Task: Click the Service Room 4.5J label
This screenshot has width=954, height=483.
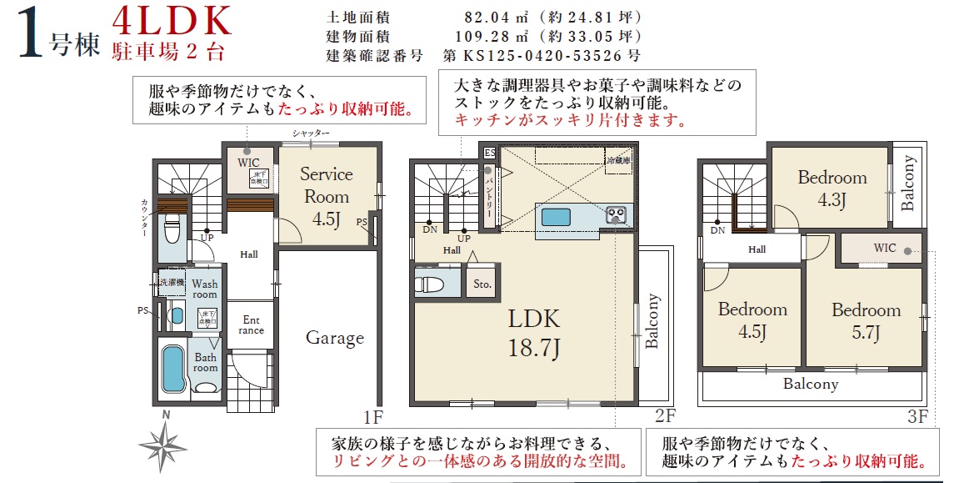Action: [x=326, y=197]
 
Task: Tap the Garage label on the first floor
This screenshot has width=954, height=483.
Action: [x=334, y=338]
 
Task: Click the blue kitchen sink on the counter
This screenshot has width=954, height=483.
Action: [x=557, y=217]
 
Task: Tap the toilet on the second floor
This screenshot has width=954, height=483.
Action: [x=428, y=284]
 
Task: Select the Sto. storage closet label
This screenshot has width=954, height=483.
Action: [x=482, y=284]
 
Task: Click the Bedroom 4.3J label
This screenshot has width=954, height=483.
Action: [x=832, y=188]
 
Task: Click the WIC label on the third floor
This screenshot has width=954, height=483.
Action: [x=885, y=249]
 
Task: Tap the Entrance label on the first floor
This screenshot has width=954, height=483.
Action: [x=251, y=325]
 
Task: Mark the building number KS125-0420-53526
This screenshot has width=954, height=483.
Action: [x=542, y=57]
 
